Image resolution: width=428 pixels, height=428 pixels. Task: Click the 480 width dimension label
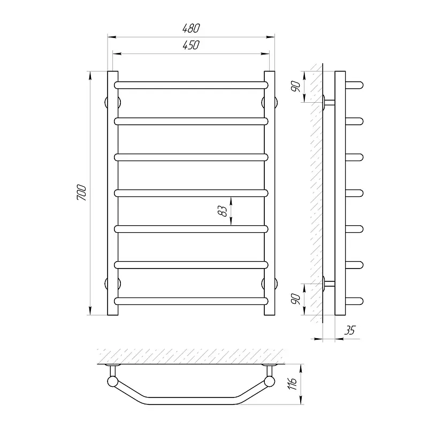click(x=191, y=28)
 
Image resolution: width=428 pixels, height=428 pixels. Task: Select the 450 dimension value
click(x=191, y=45)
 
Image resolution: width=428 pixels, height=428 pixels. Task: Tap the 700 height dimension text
click(x=82, y=193)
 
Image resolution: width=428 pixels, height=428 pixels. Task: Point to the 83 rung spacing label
click(x=223, y=211)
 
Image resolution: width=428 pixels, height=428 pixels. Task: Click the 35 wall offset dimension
click(x=349, y=330)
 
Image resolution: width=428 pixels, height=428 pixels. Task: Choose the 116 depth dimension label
click(x=292, y=384)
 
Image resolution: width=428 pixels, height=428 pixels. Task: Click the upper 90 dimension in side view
click(x=296, y=87)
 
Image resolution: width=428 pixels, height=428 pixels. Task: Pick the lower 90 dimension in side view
click(x=296, y=299)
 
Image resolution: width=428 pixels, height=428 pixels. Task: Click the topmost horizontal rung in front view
click(x=191, y=85)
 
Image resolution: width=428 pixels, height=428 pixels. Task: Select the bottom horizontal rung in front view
click(x=191, y=301)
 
